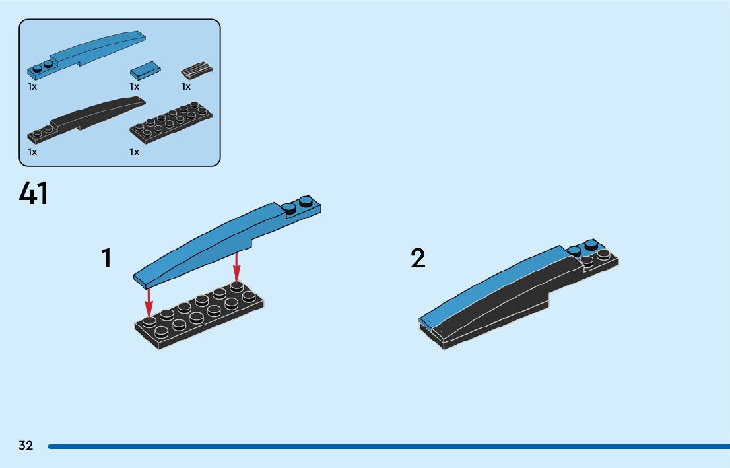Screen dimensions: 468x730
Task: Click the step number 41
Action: click(34, 193)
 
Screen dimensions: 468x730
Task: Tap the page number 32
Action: click(26, 446)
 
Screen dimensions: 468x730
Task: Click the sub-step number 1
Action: click(106, 258)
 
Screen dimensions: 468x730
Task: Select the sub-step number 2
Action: click(418, 259)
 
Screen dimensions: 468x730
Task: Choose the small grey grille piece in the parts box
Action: click(196, 71)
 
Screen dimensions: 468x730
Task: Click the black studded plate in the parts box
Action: click(171, 121)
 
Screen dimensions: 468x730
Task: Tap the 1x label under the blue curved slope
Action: click(32, 86)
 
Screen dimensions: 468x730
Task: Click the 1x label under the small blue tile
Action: click(135, 86)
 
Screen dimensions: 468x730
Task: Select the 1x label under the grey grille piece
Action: click(186, 86)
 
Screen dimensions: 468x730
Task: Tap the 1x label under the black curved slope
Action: click(32, 152)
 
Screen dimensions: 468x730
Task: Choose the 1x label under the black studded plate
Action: click(135, 152)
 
